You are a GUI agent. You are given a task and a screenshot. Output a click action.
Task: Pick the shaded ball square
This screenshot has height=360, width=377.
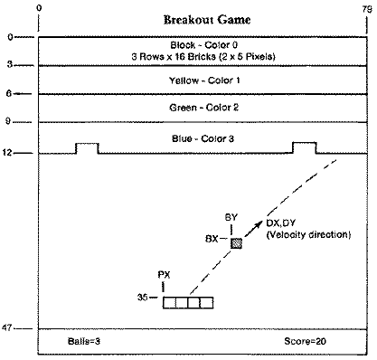(x=237, y=243)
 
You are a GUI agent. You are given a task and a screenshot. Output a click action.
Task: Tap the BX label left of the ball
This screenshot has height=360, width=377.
(x=212, y=239)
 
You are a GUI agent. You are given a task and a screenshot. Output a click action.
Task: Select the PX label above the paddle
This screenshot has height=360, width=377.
(x=164, y=273)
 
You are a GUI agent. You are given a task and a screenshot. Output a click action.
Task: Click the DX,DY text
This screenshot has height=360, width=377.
(x=283, y=223)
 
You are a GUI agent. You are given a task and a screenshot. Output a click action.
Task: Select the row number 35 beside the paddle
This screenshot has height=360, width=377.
(x=143, y=296)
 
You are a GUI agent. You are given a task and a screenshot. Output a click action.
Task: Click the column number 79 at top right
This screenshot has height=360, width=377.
(x=363, y=6)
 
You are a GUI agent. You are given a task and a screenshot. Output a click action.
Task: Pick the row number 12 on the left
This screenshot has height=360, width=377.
(x=10, y=152)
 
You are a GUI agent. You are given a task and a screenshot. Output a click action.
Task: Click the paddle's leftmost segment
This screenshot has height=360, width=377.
(x=169, y=302)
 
